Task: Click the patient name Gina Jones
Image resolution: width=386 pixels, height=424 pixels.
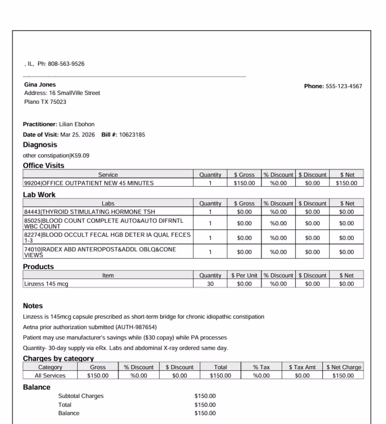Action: tap(40, 85)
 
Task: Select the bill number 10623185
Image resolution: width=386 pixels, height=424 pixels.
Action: tap(132, 135)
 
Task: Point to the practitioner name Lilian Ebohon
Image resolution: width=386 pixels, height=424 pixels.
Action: tap(76, 124)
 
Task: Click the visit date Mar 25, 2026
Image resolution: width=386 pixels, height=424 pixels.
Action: tap(78, 135)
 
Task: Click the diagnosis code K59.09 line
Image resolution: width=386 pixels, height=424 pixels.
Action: tap(56, 155)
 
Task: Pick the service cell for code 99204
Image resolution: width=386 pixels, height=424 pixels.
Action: tap(89, 183)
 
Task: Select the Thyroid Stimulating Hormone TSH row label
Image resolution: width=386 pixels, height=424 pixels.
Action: tap(89, 212)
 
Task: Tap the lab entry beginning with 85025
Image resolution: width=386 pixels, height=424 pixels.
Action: tap(104, 223)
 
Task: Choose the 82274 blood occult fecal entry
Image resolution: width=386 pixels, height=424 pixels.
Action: tap(107, 237)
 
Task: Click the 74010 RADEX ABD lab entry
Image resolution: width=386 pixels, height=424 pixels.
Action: tap(100, 252)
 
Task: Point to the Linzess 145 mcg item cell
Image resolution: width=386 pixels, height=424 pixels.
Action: tap(46, 284)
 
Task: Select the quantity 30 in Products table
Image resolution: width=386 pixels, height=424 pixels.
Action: tap(210, 284)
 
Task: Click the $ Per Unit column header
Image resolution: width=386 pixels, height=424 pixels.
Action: tap(244, 275)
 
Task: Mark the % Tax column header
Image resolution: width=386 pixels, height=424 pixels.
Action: tap(261, 367)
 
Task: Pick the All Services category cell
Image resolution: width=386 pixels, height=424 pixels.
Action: tap(50, 376)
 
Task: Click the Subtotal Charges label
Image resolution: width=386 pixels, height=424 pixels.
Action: tap(81, 396)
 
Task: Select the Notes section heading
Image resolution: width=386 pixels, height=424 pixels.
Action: tap(33, 306)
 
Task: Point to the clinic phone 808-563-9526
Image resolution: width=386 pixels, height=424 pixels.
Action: tap(66, 64)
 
